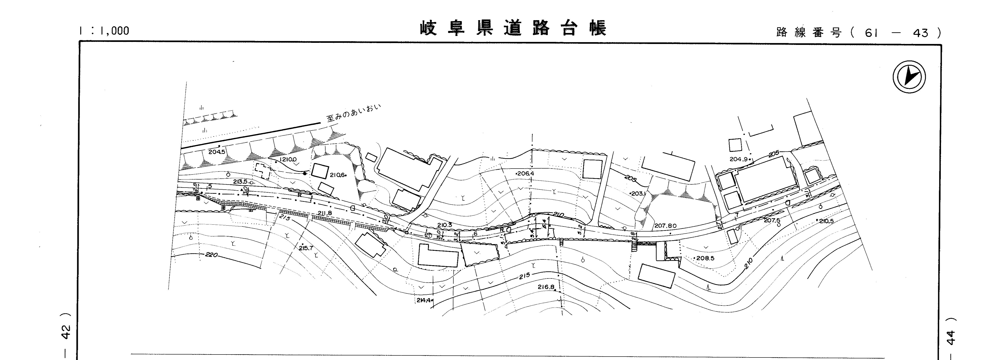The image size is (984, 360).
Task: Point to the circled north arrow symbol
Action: pos(909,77)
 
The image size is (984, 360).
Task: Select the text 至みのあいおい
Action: pos(354,114)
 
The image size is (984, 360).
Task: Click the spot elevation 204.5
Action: pos(217,151)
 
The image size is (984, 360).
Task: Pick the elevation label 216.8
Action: pos(546,287)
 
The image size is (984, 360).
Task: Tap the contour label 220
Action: pos(211,255)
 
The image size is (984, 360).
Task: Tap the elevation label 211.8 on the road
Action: pos(325,213)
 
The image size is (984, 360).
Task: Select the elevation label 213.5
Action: pos(241,182)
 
